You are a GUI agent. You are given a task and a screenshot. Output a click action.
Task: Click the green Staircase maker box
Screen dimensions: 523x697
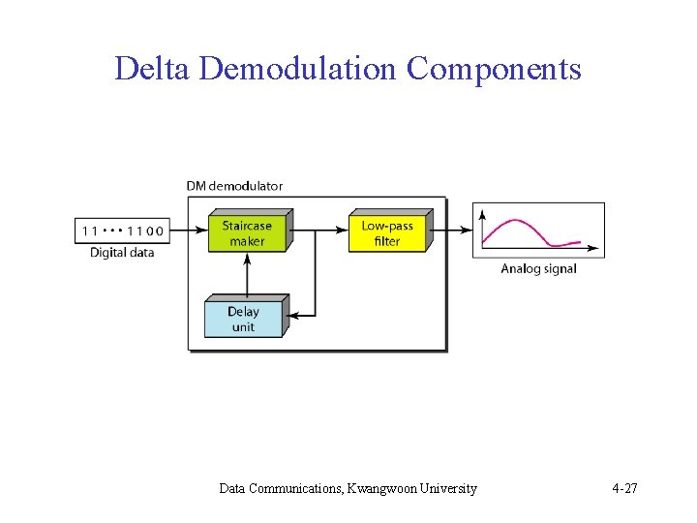pyautogui.click(x=248, y=233)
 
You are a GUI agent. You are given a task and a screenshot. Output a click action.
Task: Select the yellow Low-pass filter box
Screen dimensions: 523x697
pyautogui.click(x=387, y=233)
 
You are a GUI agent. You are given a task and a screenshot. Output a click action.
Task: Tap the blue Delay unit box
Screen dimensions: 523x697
pyautogui.click(x=243, y=319)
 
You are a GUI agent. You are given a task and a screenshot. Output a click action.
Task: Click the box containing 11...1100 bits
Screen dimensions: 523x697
pyautogui.click(x=122, y=231)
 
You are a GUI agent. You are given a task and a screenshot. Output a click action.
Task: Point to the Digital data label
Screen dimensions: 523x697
pyautogui.click(x=122, y=253)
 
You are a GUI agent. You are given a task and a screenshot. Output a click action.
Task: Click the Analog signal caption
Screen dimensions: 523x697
pyautogui.click(x=538, y=269)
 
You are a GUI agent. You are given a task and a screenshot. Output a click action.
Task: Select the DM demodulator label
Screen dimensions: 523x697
pyautogui.click(x=235, y=186)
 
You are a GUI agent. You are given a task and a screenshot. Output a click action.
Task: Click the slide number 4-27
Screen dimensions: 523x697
pyautogui.click(x=624, y=488)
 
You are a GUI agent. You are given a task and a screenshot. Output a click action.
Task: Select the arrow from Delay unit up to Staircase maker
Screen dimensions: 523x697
pyautogui.click(x=248, y=275)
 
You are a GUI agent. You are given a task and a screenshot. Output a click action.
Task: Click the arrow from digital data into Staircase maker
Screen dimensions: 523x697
pyautogui.click(x=188, y=231)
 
